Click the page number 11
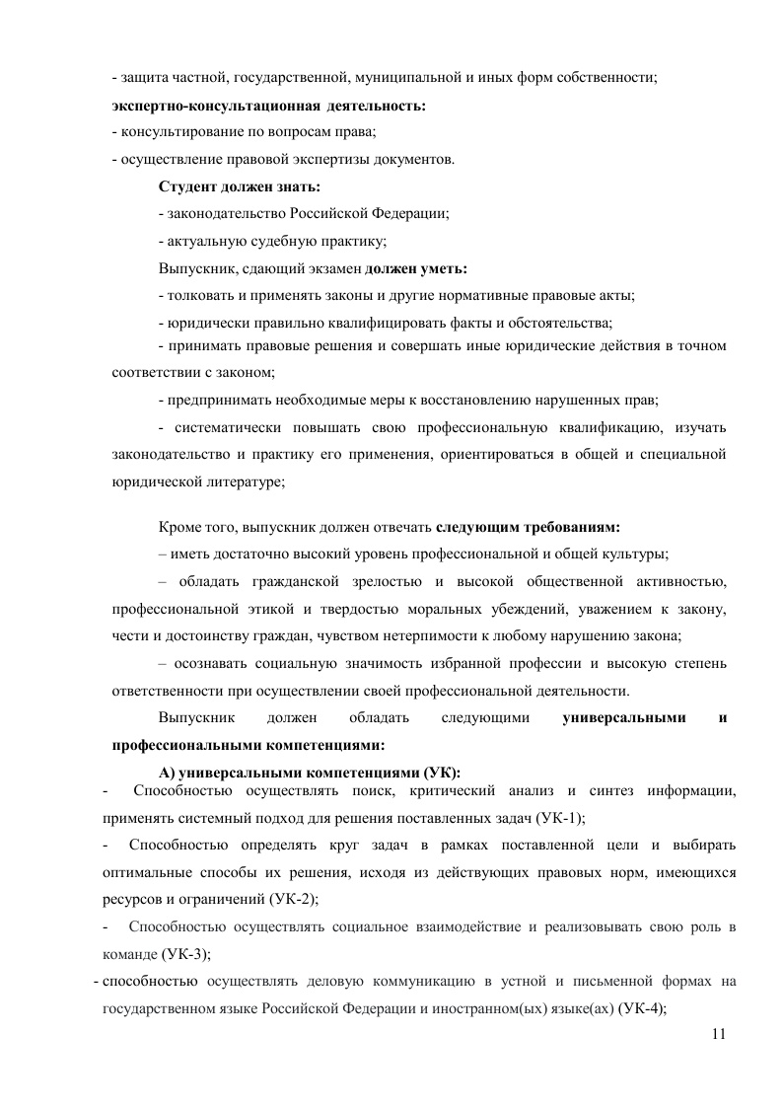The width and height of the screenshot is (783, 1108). (x=717, y=1033)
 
